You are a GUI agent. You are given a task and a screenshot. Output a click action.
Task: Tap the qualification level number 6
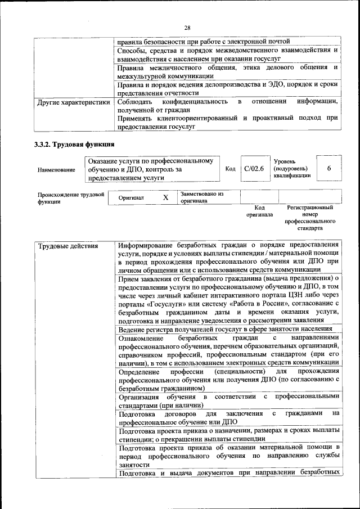point(329,169)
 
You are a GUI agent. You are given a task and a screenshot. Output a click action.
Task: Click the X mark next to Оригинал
point(165,198)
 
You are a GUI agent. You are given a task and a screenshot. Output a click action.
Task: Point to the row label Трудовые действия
point(67,246)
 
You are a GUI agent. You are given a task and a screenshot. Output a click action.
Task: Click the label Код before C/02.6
point(230,169)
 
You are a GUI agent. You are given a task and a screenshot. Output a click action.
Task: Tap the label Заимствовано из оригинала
point(201,197)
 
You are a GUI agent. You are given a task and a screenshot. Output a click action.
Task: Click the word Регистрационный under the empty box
point(310,208)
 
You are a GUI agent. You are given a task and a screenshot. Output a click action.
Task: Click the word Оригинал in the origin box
point(131,198)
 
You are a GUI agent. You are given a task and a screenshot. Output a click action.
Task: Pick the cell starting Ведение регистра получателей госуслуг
point(225,328)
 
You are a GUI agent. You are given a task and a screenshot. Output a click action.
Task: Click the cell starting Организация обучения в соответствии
point(228,402)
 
